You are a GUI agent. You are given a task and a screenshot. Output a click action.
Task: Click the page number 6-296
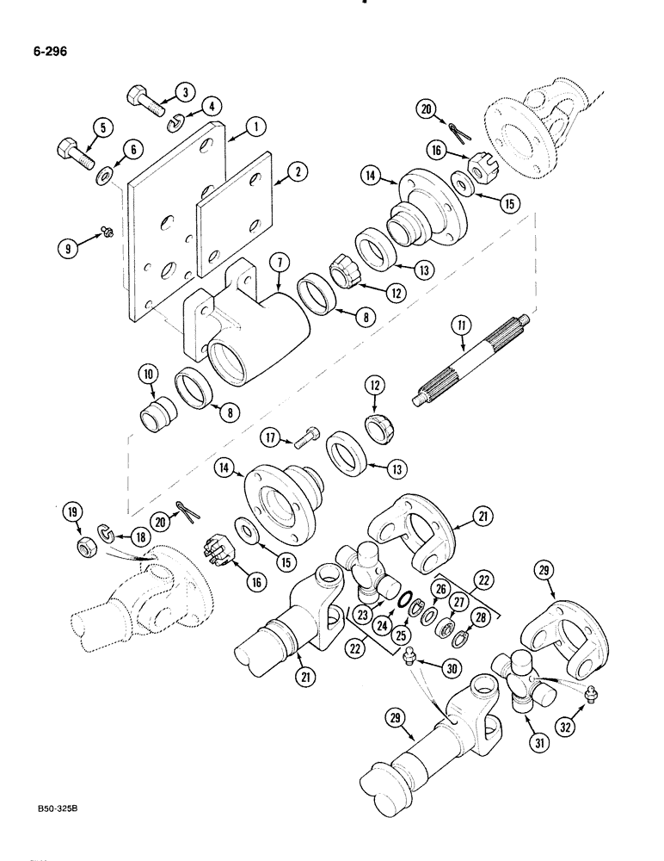[48, 51]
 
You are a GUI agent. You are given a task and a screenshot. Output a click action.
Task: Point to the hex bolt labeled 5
[74, 155]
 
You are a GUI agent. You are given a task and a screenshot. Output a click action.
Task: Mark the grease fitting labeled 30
[410, 658]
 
